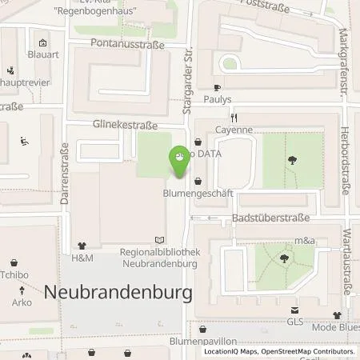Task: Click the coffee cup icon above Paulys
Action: pyautogui.click(x=217, y=88)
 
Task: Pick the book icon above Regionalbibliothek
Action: pyautogui.click(x=159, y=239)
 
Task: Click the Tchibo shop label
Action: pyautogui.click(x=14, y=274)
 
